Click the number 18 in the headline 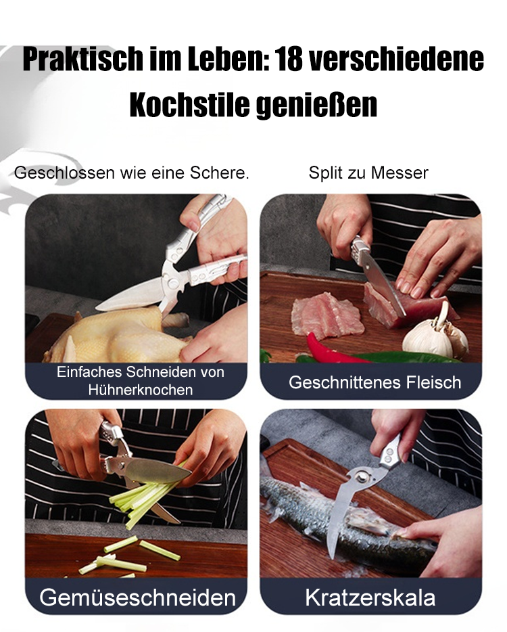pos(289,60)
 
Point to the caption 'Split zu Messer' pos(368,173)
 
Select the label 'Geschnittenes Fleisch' pos(375,382)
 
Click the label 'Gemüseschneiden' pos(138,597)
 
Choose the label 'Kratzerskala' pos(370,597)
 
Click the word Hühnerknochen pos(141,390)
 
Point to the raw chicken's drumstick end pos(177,321)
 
